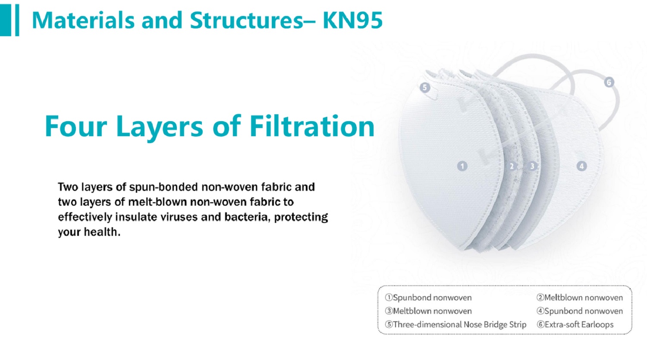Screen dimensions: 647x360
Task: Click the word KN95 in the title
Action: [x=353, y=20]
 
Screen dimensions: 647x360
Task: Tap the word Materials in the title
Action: [x=83, y=20]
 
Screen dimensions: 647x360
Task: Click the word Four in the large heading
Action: [x=76, y=126]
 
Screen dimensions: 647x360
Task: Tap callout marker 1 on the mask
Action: [x=462, y=166]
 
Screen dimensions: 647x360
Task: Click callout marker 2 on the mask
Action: [x=512, y=166]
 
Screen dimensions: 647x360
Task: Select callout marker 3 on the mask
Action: [x=532, y=166]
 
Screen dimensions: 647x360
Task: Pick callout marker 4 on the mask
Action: [x=581, y=166]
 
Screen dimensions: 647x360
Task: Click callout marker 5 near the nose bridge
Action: [x=424, y=87]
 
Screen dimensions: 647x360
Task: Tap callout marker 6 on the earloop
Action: [x=609, y=82]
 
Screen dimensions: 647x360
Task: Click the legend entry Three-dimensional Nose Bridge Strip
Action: [x=456, y=325]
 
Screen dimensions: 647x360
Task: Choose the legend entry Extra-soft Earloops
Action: [x=575, y=325]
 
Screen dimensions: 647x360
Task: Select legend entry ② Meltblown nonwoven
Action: [x=580, y=297]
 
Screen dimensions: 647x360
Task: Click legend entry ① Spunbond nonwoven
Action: [x=428, y=297]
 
